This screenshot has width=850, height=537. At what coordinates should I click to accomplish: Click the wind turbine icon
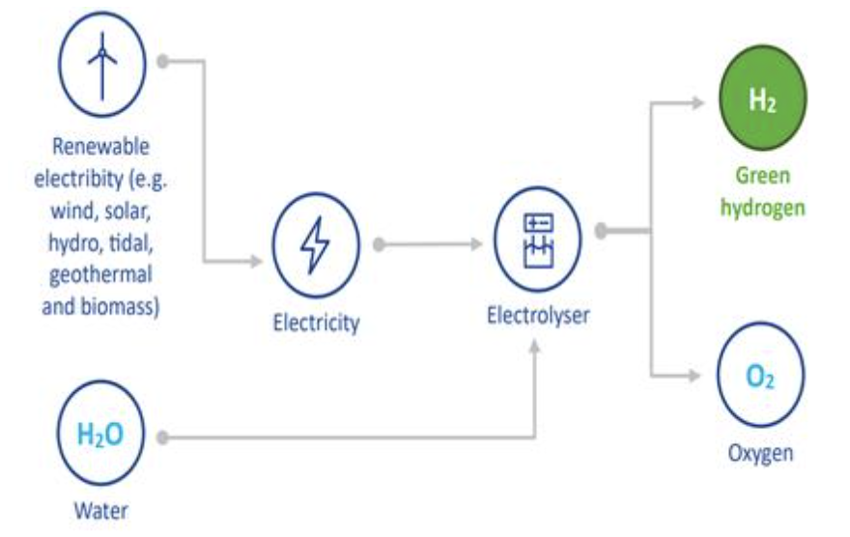coord(101,62)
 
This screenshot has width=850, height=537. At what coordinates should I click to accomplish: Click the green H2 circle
coord(762,100)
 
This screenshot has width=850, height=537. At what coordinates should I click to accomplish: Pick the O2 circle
coord(761,376)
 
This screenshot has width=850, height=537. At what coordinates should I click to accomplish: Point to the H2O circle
coord(100,435)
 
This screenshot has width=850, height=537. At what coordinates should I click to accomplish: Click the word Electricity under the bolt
coord(315,322)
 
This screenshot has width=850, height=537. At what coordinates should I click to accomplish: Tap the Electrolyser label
coord(537,315)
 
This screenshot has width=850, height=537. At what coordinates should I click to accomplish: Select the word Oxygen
coord(761,453)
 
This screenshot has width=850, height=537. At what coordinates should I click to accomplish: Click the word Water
coord(100,510)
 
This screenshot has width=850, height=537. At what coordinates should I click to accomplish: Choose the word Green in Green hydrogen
coord(763,176)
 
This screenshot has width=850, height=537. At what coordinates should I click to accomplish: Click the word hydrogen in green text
coord(762,208)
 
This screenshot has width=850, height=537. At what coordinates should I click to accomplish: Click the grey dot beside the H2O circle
coord(163,438)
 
